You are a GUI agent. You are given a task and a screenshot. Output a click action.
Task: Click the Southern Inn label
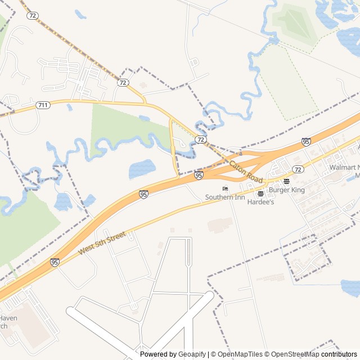[x=224, y=197]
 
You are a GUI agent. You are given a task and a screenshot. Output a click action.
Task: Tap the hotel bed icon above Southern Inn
[x=225, y=188]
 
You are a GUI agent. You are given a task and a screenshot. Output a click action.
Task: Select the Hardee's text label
[x=260, y=201]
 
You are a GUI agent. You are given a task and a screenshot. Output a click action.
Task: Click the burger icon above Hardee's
[x=260, y=193]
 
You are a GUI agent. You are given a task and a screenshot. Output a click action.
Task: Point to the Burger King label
[x=286, y=190]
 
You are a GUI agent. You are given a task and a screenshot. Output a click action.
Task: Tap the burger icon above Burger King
[x=286, y=181]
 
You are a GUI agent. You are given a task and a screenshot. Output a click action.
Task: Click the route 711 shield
[x=43, y=105]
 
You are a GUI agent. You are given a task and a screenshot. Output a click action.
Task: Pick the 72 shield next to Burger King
[x=298, y=169]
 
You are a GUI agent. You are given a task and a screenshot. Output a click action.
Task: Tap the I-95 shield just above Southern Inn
[x=199, y=176]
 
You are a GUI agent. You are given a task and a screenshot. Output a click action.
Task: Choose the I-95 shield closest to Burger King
[x=306, y=142]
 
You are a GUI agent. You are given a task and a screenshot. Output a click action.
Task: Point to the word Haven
[x=8, y=318]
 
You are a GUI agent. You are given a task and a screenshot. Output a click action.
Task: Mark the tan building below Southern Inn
[x=220, y=225]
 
